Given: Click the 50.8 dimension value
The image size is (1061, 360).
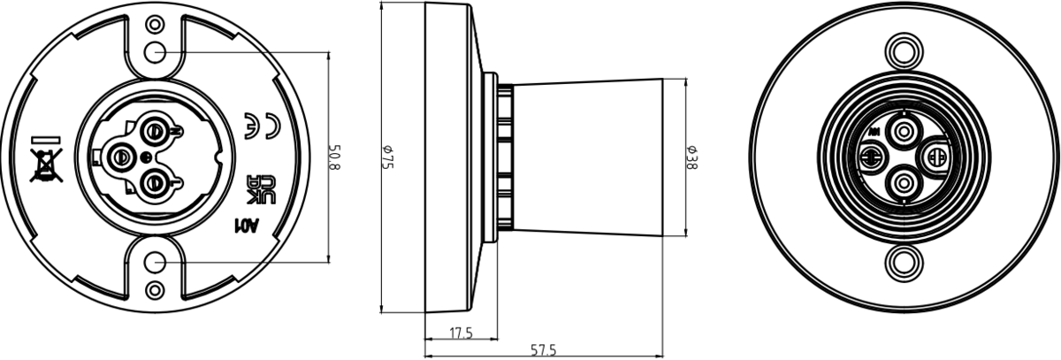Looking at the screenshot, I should point(335,158).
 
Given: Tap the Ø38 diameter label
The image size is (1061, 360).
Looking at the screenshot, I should point(693,157).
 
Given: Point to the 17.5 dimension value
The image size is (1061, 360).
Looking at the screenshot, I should point(460,333).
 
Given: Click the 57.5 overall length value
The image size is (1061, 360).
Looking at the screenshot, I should point(542,350).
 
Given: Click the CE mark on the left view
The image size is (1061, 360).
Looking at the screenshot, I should point(261,126).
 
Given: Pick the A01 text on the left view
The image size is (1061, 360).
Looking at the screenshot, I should point(245,226).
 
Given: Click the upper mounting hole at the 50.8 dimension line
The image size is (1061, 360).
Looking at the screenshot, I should point(156,52).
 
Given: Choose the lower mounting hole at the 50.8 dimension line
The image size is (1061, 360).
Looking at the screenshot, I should point(156,263).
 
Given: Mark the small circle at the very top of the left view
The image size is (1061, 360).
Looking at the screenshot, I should point(156,24).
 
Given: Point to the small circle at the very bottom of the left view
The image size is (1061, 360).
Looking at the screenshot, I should point(156,290).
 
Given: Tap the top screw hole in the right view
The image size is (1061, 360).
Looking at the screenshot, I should point(904,50).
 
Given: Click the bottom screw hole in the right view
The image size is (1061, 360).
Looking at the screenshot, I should point(904,263).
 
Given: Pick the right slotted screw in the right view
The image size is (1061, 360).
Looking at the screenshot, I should point(936,157).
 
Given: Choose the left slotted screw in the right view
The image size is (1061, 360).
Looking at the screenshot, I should point(871,157).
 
